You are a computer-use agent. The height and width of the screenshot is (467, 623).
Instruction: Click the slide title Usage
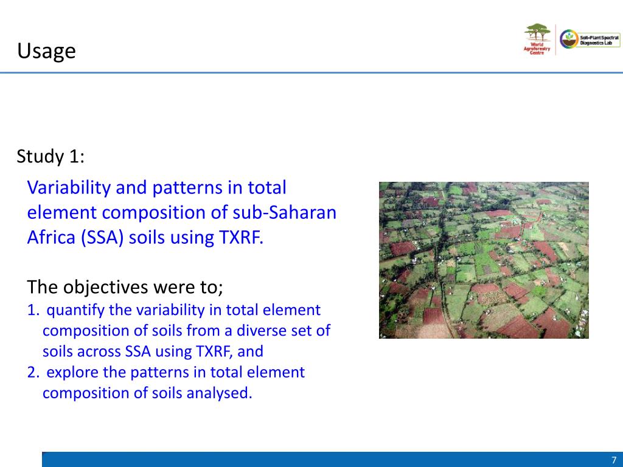(46, 51)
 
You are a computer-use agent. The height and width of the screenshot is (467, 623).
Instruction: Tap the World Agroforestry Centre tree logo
(537, 39)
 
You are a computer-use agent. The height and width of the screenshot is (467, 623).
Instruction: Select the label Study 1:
(50, 156)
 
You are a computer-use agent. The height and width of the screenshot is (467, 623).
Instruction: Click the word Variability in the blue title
(69, 188)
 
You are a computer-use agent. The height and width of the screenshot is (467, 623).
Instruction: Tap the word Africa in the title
(51, 237)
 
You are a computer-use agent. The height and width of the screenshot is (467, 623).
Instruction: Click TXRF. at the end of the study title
(241, 238)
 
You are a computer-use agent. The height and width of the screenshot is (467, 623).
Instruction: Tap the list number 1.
(33, 310)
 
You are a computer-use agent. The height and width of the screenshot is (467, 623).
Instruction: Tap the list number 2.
(33, 373)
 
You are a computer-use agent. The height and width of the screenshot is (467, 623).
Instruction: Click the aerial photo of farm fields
(484, 260)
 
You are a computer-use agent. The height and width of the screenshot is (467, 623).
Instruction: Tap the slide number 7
(614, 460)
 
